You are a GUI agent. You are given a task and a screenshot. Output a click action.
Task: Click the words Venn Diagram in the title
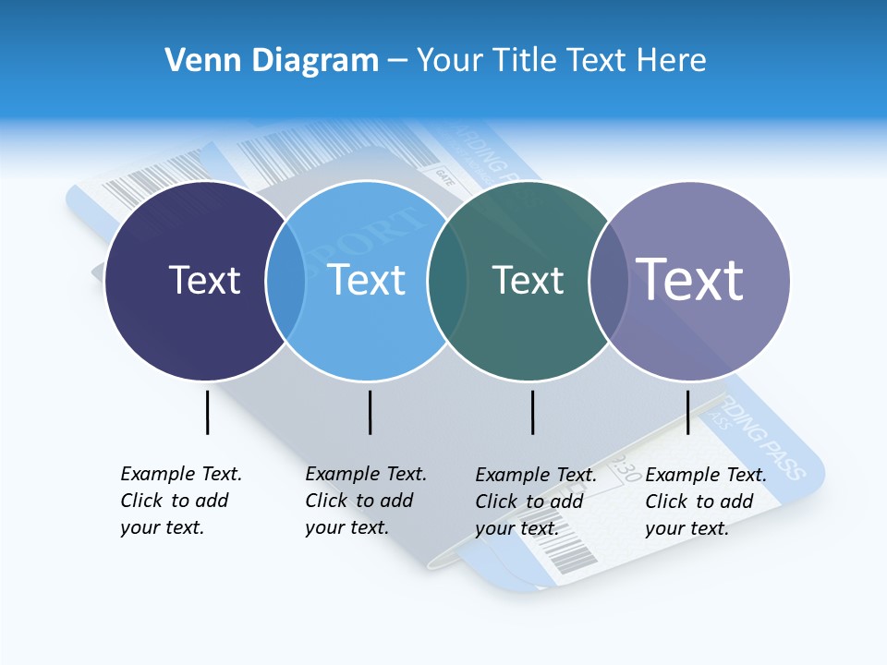click(272, 61)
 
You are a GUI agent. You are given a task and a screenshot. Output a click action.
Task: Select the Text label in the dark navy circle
click(204, 280)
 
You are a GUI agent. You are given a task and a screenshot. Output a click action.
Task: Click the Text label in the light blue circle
click(367, 280)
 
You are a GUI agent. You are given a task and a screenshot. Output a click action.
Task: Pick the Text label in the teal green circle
click(528, 280)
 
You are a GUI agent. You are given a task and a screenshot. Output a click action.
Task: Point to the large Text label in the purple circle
click(690, 279)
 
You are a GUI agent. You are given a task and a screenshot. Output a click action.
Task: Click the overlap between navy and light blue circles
click(286, 281)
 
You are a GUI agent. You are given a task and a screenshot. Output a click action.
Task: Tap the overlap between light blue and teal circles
click(447, 281)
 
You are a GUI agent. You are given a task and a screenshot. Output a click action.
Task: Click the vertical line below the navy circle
click(208, 412)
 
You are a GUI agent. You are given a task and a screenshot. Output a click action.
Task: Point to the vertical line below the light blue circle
click(370, 412)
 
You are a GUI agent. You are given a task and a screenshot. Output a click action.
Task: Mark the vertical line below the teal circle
click(533, 412)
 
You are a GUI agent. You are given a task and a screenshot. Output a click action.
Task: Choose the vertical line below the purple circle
click(688, 412)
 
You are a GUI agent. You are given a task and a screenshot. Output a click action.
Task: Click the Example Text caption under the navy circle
click(180, 501)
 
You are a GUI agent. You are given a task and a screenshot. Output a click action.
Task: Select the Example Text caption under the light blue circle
click(365, 501)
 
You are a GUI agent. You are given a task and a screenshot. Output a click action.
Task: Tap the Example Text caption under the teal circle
click(535, 502)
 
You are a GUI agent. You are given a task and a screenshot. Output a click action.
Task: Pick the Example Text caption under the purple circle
click(705, 502)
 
